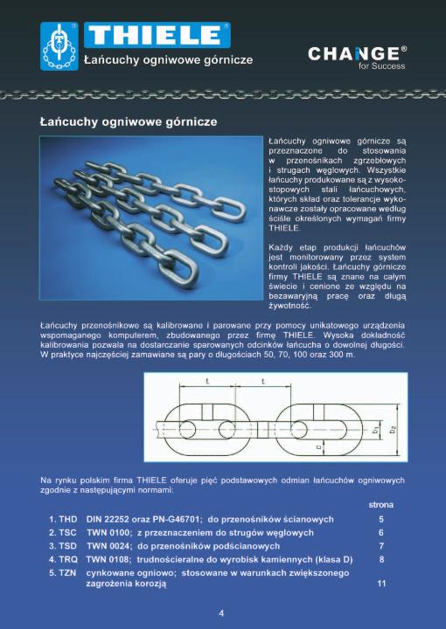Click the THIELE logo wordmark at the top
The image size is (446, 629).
[x=157, y=35]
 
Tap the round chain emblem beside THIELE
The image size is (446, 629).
[x=59, y=46]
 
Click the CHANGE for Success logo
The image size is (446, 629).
[x=358, y=58]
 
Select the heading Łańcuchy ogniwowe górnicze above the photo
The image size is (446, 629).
[x=129, y=121]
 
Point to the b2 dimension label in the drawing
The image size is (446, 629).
[x=394, y=429]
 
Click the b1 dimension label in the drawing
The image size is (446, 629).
[x=375, y=429]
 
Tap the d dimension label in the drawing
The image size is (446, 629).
[x=318, y=446]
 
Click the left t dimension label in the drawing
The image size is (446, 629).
[x=207, y=381]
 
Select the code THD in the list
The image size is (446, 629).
[x=68, y=519]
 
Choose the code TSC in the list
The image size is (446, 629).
[x=67, y=533]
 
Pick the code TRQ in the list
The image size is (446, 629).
[x=68, y=559]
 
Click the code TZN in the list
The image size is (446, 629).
[x=67, y=573]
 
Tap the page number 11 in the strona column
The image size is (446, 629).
[x=381, y=584]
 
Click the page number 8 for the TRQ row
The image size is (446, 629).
[x=381, y=559]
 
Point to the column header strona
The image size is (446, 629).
[x=381, y=505]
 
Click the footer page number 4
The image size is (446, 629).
[x=221, y=613]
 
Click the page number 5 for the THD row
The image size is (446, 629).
[x=381, y=519]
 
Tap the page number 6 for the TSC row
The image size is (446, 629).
[x=381, y=533]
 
